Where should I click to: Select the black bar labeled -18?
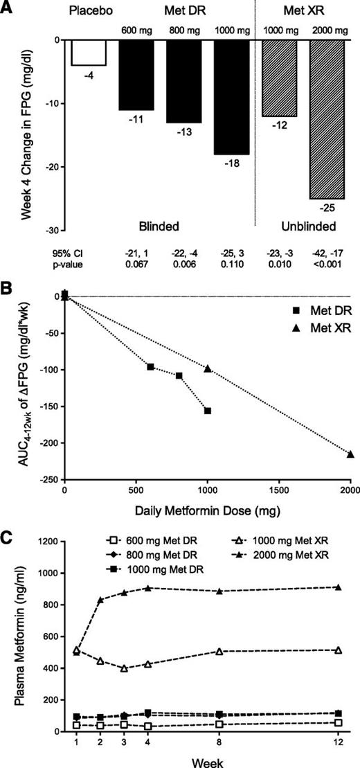point(231,97)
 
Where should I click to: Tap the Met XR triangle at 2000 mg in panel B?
point(350,454)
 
